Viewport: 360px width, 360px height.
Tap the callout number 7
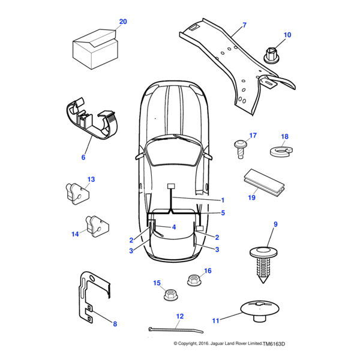244,25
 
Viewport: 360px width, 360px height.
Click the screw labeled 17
239,147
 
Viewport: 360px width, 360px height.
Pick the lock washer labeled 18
281,151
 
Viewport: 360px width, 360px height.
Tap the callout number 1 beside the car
223,200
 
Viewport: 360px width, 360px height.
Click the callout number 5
223,212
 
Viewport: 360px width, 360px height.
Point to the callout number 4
173,227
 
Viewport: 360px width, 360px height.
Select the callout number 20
122,22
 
